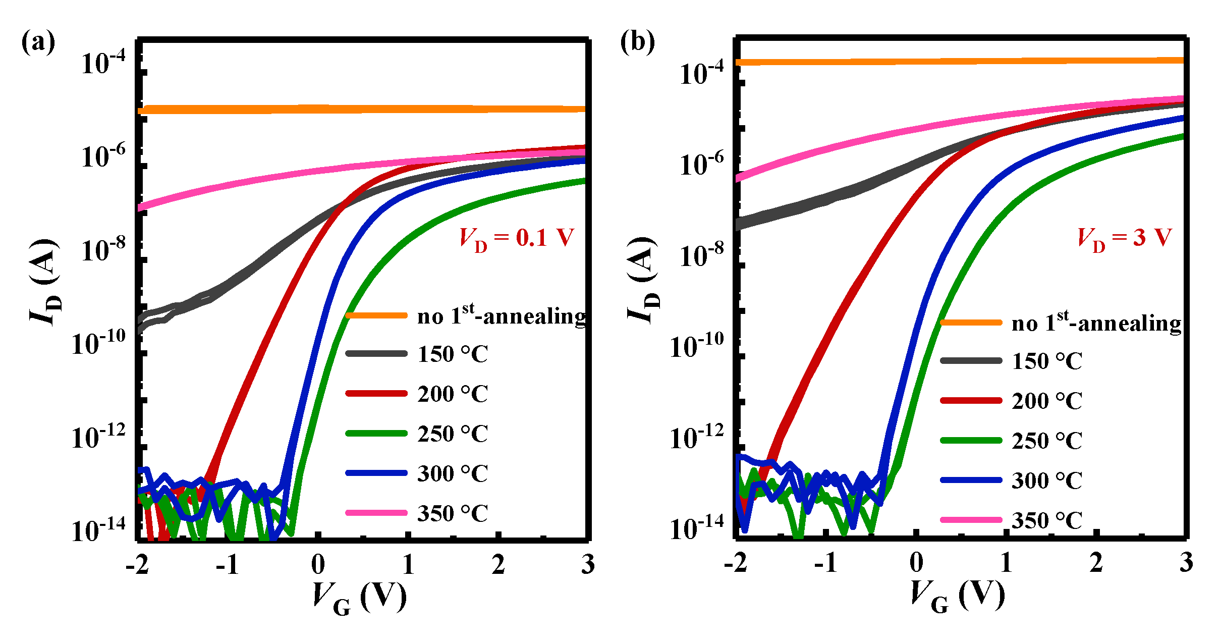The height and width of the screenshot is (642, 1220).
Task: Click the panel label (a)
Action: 38,42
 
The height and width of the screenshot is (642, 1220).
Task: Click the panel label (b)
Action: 637,42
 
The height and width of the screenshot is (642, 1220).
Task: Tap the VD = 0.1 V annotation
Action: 516,238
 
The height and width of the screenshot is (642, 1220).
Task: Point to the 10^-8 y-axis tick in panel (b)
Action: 702,255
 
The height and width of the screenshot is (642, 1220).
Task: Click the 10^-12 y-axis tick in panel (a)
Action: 98,437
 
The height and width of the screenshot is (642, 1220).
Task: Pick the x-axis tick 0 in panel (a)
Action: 318,564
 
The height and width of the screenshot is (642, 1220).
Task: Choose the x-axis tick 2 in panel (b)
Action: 1096,562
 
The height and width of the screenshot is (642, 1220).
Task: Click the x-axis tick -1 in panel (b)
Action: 826,562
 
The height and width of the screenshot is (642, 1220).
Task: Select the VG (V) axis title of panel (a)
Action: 359,597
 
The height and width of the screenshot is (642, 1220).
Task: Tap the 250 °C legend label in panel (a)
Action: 453,434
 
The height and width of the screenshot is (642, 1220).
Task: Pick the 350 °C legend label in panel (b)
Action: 1047,520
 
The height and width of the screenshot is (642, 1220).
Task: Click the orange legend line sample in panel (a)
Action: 376,315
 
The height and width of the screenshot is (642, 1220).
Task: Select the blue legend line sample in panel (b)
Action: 971,480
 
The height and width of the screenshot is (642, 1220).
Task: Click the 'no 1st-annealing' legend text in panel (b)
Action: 1096,323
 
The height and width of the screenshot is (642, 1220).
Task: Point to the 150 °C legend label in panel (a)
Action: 453,354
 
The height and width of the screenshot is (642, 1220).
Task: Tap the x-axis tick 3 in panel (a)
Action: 587,564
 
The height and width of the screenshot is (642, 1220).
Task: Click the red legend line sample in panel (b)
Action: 971,400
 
